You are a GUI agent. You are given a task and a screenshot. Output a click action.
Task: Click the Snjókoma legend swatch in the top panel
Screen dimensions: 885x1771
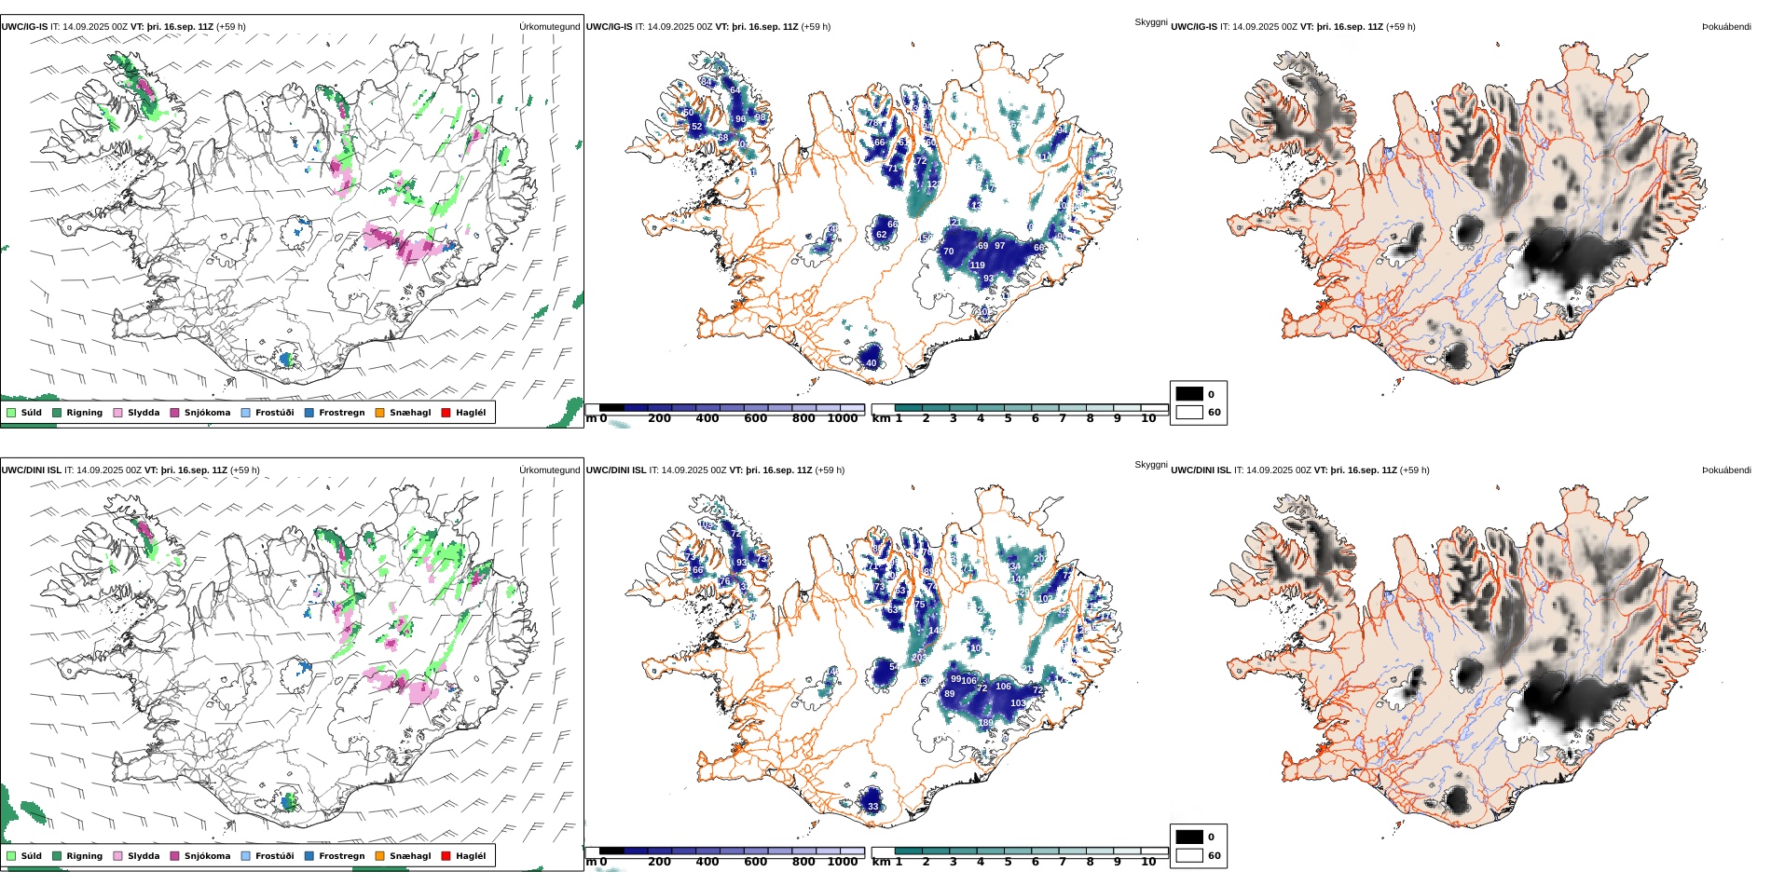click(x=174, y=413)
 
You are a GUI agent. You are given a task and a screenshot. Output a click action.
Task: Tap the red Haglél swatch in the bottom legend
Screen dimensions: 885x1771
click(x=446, y=856)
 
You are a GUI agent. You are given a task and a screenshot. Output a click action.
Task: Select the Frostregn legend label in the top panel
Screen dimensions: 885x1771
click(x=341, y=413)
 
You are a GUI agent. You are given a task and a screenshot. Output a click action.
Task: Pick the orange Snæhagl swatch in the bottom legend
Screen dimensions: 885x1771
click(x=379, y=856)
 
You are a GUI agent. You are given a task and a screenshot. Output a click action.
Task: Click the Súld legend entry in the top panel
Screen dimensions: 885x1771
click(x=31, y=413)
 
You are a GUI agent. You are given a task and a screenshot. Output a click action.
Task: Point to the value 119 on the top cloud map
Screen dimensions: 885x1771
click(x=977, y=265)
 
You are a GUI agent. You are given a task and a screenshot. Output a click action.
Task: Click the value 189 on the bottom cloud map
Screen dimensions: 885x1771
click(x=985, y=723)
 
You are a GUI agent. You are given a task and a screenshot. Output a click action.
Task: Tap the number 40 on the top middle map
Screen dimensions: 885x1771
click(x=872, y=363)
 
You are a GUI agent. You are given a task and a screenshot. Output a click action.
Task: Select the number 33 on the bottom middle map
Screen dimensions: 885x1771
click(x=873, y=807)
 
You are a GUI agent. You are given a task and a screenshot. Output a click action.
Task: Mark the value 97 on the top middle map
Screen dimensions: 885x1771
click(x=999, y=246)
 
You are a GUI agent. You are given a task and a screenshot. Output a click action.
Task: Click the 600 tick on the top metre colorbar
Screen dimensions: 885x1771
click(x=756, y=418)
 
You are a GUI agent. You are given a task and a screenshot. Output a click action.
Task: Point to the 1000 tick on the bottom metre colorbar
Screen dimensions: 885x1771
click(x=843, y=862)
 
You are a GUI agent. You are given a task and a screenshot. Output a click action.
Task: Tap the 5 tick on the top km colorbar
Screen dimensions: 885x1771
click(x=1008, y=418)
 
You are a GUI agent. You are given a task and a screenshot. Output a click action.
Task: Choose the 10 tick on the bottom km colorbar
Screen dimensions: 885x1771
click(x=1148, y=862)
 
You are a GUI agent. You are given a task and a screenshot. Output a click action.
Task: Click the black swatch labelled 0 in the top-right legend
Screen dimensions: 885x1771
click(x=1189, y=394)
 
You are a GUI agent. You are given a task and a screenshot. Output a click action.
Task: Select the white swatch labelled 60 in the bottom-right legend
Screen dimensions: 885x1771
click(x=1189, y=855)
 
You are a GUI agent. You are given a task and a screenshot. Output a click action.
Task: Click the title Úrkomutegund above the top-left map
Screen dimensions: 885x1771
click(x=549, y=27)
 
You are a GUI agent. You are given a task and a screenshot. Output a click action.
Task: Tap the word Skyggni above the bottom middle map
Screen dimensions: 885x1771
click(x=1150, y=465)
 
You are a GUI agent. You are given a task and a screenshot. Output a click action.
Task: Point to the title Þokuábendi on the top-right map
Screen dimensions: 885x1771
click(x=1726, y=27)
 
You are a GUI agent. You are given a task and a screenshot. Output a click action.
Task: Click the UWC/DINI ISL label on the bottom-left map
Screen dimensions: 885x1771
click(x=31, y=470)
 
